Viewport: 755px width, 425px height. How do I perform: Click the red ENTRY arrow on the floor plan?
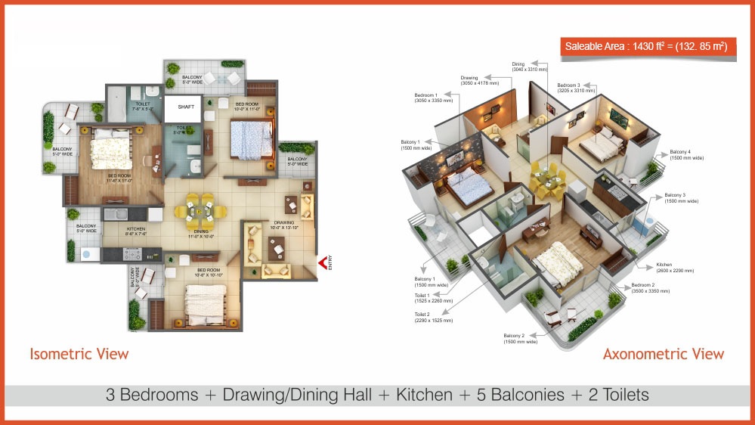pyautogui.click(x=322, y=262)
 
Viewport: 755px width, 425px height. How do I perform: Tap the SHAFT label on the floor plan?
pyautogui.click(x=186, y=107)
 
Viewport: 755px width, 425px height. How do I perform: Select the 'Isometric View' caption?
pyautogui.click(x=79, y=353)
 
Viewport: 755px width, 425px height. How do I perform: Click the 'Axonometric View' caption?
pyautogui.click(x=663, y=353)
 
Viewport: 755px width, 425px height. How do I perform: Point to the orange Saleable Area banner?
pyautogui.click(x=648, y=47)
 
